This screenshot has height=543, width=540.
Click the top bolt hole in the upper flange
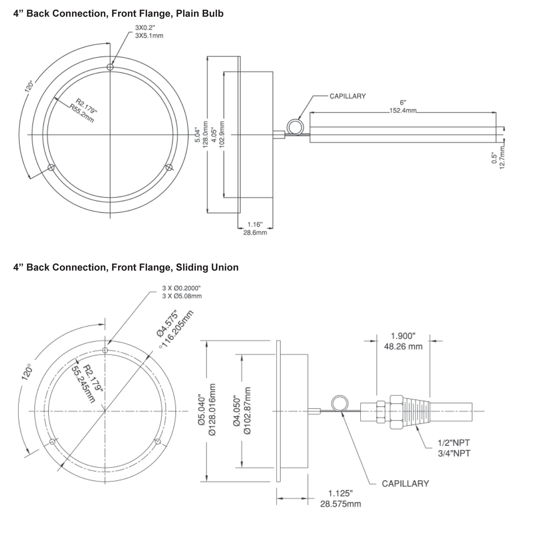[110, 67]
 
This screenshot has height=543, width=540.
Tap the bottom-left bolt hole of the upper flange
[51, 168]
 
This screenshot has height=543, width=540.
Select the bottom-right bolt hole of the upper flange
[169, 168]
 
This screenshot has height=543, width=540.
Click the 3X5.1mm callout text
[149, 36]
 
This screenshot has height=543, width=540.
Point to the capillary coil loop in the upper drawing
[295, 127]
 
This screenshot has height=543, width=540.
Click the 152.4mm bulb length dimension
[403, 110]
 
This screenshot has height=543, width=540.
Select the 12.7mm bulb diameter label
[502, 158]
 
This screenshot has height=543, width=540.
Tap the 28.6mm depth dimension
[255, 233]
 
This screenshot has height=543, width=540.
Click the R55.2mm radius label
[82, 113]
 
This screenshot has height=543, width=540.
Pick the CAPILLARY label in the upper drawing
[348, 96]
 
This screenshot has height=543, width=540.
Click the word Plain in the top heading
[188, 14]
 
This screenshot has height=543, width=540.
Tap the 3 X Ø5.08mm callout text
[182, 296]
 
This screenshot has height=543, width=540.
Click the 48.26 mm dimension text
[403, 346]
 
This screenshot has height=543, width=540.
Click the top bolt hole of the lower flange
[105, 350]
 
